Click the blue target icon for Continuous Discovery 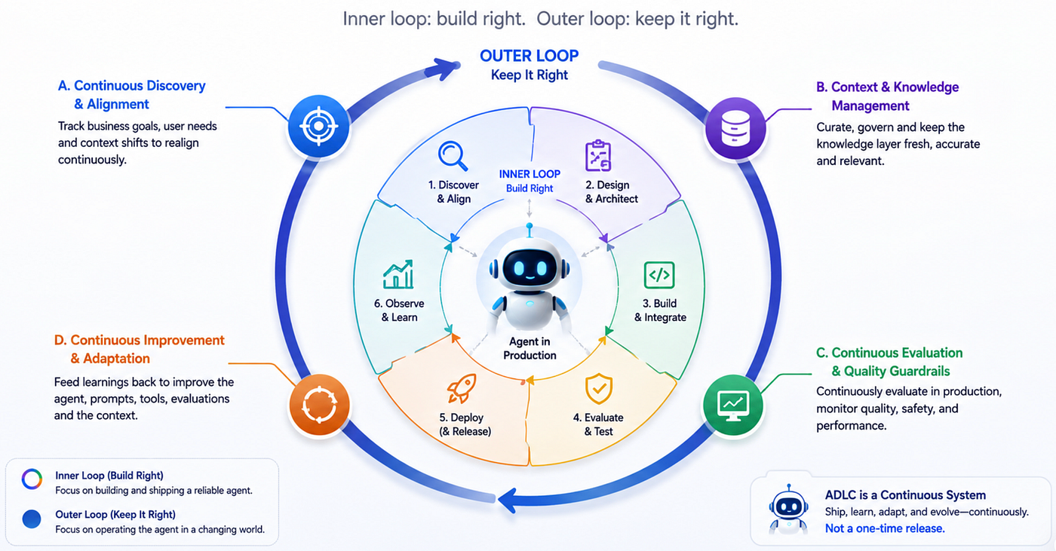pyautogui.click(x=318, y=126)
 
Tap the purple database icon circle pyautogui.click(x=735, y=128)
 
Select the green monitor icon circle pyautogui.click(x=732, y=405)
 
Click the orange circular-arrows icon pyautogui.click(x=319, y=405)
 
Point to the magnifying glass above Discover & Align pyautogui.click(x=453, y=156)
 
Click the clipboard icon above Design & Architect pyautogui.click(x=598, y=155)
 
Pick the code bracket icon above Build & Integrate pyautogui.click(x=659, y=275)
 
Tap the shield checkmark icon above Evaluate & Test pyautogui.click(x=599, y=389)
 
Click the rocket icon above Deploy pyautogui.click(x=462, y=388)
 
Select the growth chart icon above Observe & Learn pyautogui.click(x=398, y=274)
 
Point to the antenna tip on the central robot pyautogui.click(x=530, y=226)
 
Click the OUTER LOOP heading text pyautogui.click(x=529, y=56)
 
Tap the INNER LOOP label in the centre pyautogui.click(x=530, y=174)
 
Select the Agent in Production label pyautogui.click(x=530, y=348)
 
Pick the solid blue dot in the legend pyautogui.click(x=32, y=519)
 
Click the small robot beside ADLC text pyautogui.click(x=788, y=510)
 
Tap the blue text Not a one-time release pyautogui.click(x=885, y=528)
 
